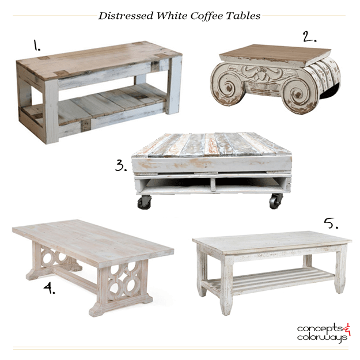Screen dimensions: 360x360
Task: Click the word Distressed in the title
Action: click(126, 16)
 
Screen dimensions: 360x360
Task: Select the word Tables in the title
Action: click(243, 16)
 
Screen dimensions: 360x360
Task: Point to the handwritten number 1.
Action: click(37, 45)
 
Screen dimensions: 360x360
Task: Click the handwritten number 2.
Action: click(309, 36)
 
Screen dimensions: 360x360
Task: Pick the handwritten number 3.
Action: click(121, 165)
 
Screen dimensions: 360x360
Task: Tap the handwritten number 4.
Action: click(50, 288)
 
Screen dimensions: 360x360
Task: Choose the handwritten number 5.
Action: click(331, 223)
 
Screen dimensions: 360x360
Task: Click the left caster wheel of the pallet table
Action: click(144, 202)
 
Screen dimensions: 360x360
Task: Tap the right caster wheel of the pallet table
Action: click(276, 201)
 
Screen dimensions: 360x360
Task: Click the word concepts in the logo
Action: click(320, 328)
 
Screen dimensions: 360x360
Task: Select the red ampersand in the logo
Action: click(347, 329)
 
